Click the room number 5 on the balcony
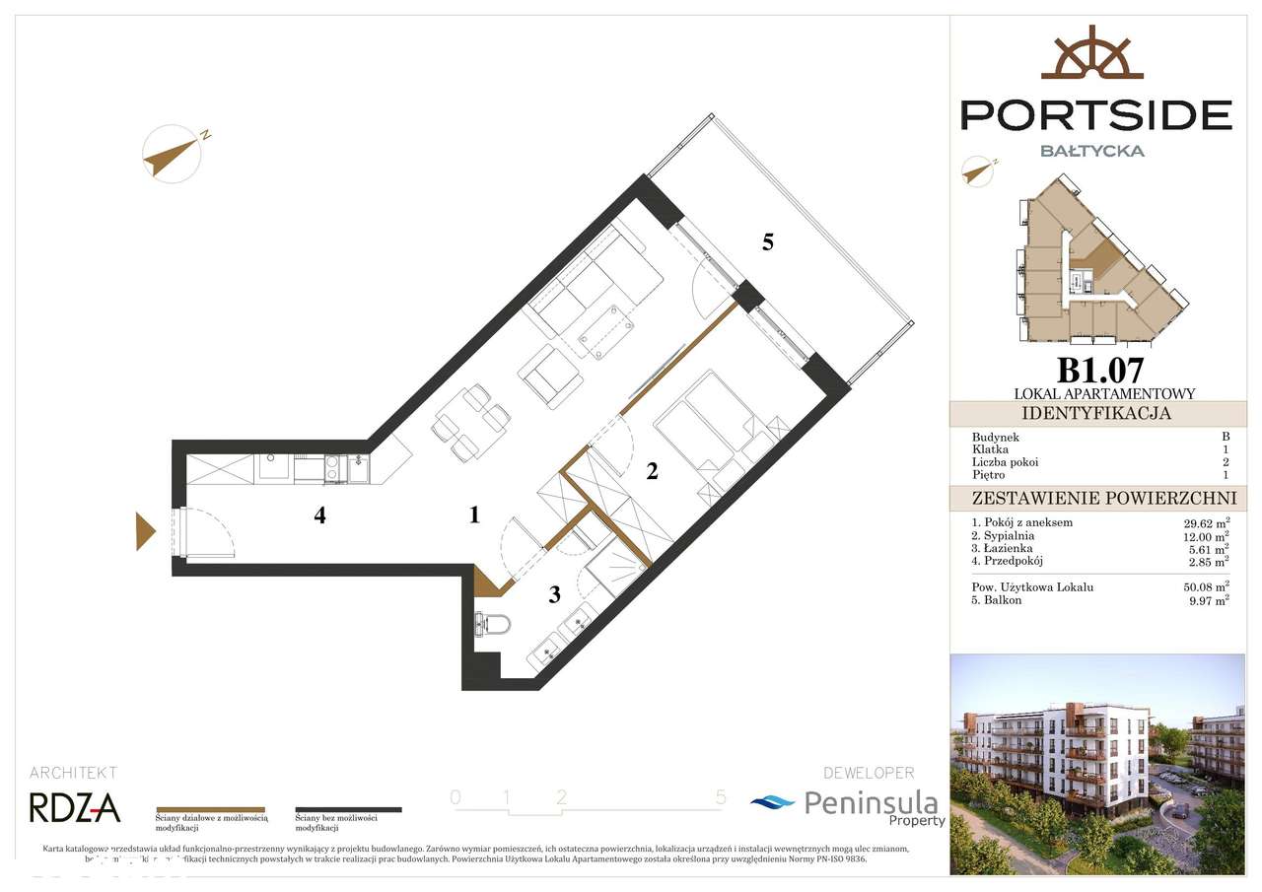[767, 242]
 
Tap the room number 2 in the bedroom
[652, 471]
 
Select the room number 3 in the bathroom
[555, 593]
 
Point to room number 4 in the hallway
[319, 515]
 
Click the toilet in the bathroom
[492, 624]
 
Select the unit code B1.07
[1100, 371]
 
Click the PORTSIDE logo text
[1096, 115]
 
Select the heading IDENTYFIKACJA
[1096, 413]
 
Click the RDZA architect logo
[75, 808]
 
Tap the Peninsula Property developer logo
[849, 805]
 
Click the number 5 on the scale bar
[721, 797]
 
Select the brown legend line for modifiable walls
[211, 809]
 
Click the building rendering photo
[1096, 763]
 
